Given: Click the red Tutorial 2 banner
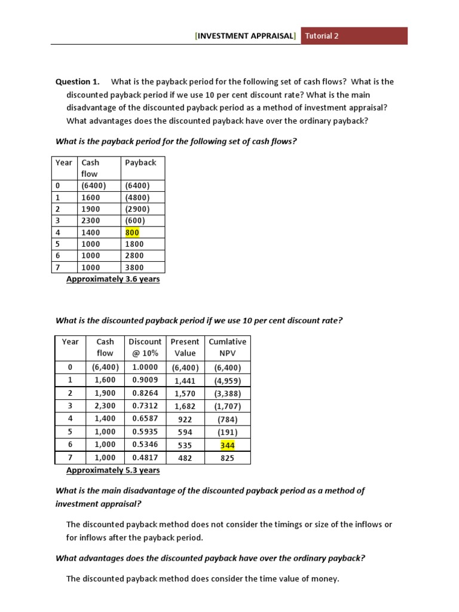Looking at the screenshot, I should (x=354, y=36).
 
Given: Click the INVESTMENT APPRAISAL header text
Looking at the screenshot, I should (x=245, y=36).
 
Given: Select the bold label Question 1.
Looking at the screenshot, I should (x=77, y=82).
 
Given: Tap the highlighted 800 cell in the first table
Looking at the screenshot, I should (x=132, y=232).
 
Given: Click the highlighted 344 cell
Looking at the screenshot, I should (x=228, y=445).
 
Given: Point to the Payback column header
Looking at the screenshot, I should (x=140, y=163).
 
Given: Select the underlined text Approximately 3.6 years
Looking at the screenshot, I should (x=113, y=279).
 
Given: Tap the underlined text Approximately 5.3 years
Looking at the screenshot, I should (x=113, y=470).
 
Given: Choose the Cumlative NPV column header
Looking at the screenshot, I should (x=227, y=347).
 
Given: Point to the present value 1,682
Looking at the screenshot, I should (x=185, y=407).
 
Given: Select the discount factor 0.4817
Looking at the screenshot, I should (x=145, y=458).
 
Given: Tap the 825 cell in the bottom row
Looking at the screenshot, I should (x=227, y=458).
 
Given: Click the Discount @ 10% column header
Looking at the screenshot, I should (x=145, y=347).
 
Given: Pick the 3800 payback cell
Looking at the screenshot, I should (x=134, y=268).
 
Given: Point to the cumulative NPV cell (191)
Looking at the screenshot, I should (x=227, y=432).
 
